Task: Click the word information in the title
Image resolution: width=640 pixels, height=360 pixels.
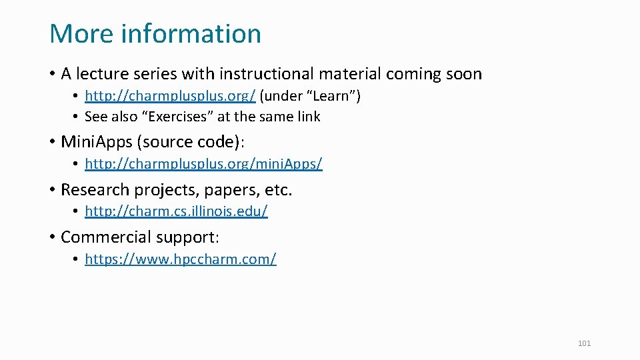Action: pos(191,33)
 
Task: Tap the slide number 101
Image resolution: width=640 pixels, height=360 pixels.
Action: pos(584,343)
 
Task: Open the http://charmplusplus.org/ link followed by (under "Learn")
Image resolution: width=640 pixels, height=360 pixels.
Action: pos(170,96)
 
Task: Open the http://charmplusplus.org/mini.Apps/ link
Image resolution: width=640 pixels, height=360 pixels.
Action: pos(203,163)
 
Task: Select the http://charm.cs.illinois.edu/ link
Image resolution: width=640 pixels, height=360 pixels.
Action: pos(176,211)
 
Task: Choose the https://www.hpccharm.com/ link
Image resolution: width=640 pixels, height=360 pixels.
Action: pos(180,259)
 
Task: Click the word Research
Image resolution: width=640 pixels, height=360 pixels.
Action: pos(95,190)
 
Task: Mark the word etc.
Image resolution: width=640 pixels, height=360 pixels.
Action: pos(278,190)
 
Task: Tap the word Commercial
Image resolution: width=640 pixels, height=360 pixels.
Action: pos(105,237)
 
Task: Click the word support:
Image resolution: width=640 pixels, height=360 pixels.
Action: pos(187,237)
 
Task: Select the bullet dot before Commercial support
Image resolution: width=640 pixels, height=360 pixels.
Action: pos(52,237)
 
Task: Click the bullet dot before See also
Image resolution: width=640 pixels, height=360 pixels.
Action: pos(77,117)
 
